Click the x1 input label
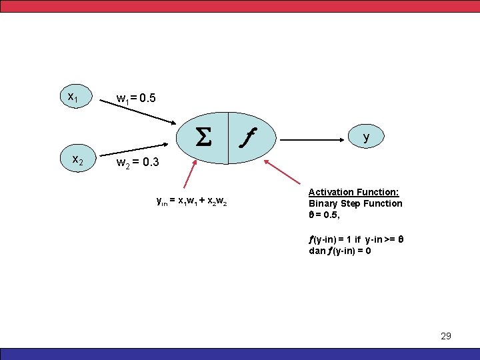pyautogui.click(x=73, y=97)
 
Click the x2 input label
pyautogui.click(x=77, y=160)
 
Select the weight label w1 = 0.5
pyautogui.click(x=136, y=99)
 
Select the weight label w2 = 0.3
pyautogui.click(x=137, y=163)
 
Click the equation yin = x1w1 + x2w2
pyautogui.click(x=191, y=201)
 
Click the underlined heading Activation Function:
pyautogui.click(x=353, y=192)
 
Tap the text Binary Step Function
pyautogui.click(x=355, y=203)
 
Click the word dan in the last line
pyautogui.click(x=316, y=251)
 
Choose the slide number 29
pyautogui.click(x=446, y=336)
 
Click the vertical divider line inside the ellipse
pyautogui.click(x=228, y=137)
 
